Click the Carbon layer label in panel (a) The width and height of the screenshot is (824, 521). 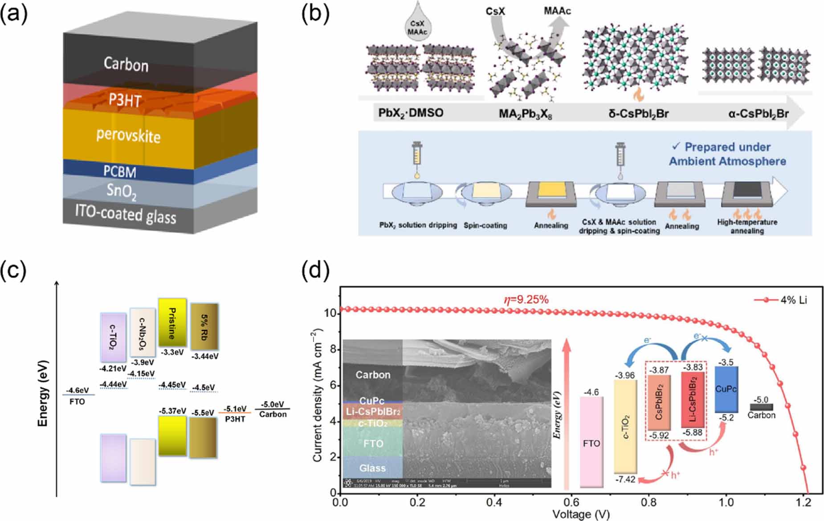pyautogui.click(x=126, y=65)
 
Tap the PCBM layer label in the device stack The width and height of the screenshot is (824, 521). pyautogui.click(x=120, y=172)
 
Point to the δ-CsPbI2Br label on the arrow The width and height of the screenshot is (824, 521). pyautogui.click(x=638, y=114)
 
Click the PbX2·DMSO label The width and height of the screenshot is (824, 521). pyautogui.click(x=411, y=113)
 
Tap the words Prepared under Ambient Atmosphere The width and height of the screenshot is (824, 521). pyautogui.click(x=727, y=154)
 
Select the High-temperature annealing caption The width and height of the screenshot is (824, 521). pyautogui.click(x=747, y=226)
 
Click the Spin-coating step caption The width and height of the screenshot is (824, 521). pyautogui.click(x=485, y=225)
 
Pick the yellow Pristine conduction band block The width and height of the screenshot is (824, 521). pyautogui.click(x=172, y=322)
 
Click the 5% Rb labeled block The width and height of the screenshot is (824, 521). pyautogui.click(x=204, y=326)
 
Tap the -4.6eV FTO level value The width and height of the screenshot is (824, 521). pyautogui.click(x=78, y=390)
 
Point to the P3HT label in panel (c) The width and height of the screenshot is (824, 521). pyautogui.click(x=235, y=419)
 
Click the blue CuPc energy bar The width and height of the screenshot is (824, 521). pyautogui.click(x=726, y=389)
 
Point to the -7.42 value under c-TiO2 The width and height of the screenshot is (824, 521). pyautogui.click(x=625, y=479)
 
